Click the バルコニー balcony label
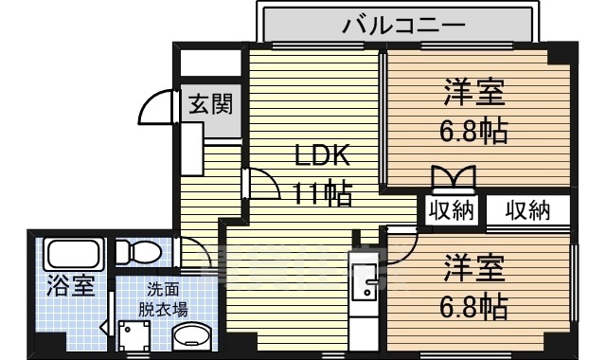pos(402,24)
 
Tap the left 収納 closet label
pos(451,210)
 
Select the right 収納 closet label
pos(526,210)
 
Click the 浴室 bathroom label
pos(72,285)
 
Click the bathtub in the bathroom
pos(75,255)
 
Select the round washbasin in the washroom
pos(195,338)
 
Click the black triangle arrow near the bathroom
pos(104,329)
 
